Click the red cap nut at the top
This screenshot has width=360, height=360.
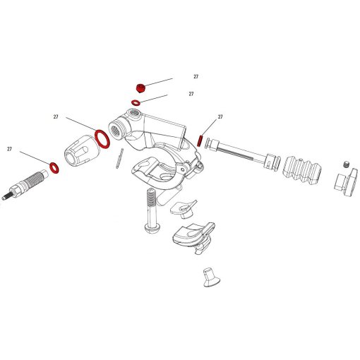[x=140, y=88]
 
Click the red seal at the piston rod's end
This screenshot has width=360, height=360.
[x=202, y=140]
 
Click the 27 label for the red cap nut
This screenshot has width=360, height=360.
[x=196, y=77]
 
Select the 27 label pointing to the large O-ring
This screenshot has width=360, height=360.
[x=55, y=116]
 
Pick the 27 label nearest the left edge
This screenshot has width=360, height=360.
[x=10, y=149]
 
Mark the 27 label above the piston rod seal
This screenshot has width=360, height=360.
[x=220, y=116]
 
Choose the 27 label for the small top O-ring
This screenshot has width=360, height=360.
[x=191, y=93]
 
